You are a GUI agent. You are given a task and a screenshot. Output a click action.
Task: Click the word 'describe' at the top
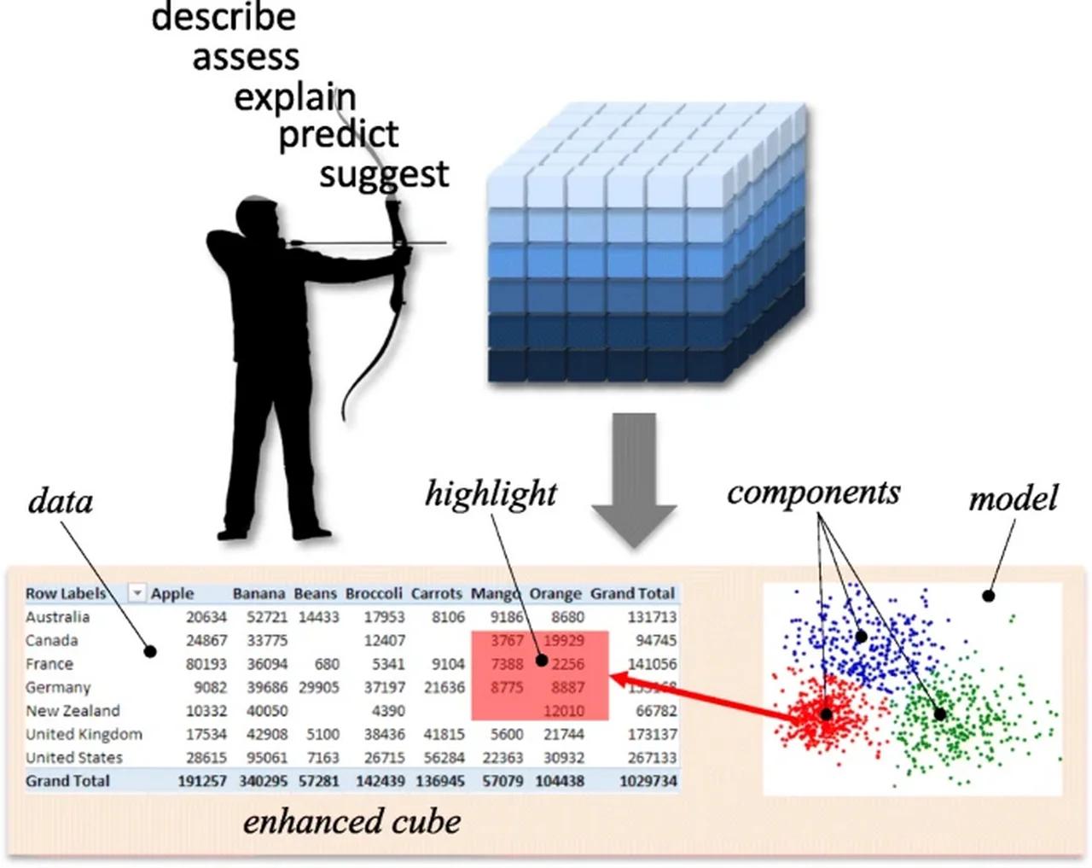tap(224, 17)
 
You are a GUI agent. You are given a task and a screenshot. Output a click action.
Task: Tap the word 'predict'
tap(338, 134)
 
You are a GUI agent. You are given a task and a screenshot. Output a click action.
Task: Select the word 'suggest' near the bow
tap(384, 174)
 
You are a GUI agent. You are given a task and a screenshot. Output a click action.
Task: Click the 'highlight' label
tap(491, 493)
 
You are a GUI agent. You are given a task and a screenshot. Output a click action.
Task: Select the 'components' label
tap(813, 492)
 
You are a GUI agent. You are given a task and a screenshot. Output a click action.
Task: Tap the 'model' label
tap(1013, 498)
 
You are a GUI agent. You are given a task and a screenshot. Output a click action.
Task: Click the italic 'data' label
tap(61, 501)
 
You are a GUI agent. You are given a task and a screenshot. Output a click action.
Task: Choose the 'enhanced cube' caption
tap(351, 822)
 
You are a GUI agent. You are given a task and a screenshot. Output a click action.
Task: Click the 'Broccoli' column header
tap(374, 593)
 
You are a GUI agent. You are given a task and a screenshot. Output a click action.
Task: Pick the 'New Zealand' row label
tap(73, 711)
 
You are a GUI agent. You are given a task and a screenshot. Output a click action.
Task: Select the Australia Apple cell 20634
tap(206, 617)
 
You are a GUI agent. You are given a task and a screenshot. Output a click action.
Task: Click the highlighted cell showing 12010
tap(564, 711)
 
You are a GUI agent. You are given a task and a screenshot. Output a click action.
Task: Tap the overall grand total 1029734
tap(648, 781)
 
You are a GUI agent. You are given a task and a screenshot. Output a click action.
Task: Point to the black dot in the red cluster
tap(825, 714)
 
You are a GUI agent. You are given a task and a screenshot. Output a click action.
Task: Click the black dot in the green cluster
tap(939, 714)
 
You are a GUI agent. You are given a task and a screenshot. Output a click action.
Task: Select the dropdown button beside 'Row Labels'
tap(136, 593)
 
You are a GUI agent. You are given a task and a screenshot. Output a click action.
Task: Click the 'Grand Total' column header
tap(632, 593)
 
